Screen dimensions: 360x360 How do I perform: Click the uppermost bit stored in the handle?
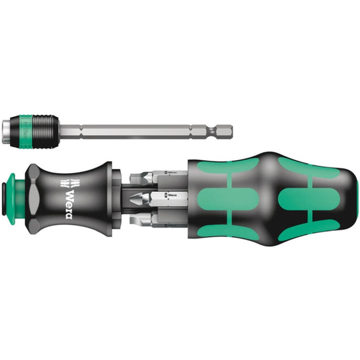tap(159, 177)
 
